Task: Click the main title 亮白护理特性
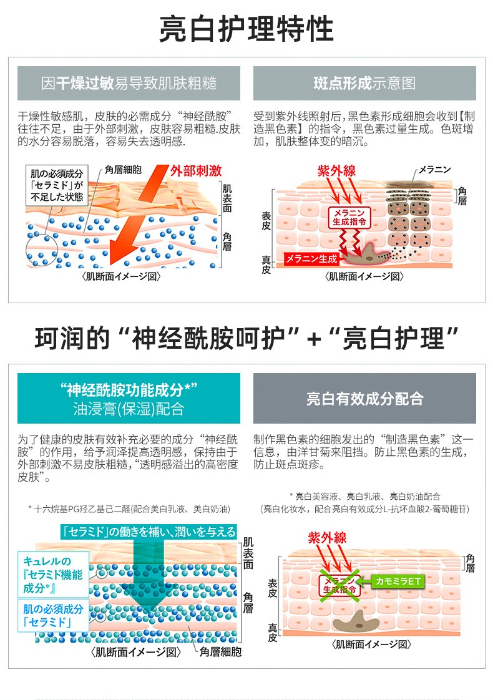[x=246, y=29]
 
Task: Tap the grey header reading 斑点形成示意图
[x=364, y=84]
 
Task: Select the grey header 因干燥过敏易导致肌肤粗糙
[x=129, y=84]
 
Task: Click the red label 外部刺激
[x=196, y=171]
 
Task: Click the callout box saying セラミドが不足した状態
[x=56, y=185]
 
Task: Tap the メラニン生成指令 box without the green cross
[x=349, y=216]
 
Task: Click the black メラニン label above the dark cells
[x=434, y=170]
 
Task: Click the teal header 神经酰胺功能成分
[x=129, y=399]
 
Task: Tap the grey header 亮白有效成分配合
[x=364, y=399]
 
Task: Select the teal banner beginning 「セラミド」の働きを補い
[x=149, y=532]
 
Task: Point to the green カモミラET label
[x=398, y=581]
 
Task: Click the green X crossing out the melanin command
[x=341, y=585]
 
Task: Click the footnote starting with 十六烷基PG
[x=129, y=508]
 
